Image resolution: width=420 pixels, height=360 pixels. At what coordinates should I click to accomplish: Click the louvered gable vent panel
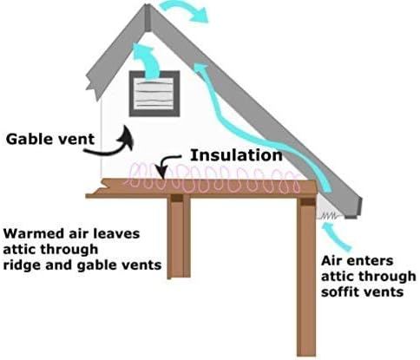pos(154,94)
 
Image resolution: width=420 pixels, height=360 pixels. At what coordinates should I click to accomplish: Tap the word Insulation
pos(236,155)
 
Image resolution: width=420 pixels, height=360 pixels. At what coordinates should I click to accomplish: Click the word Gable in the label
pos(25,139)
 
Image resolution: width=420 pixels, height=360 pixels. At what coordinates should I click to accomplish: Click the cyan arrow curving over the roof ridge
pos(185,10)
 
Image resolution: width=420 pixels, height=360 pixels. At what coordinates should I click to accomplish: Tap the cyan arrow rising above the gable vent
pos(148,59)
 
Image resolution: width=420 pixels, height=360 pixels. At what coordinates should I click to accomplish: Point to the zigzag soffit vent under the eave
pos(330,215)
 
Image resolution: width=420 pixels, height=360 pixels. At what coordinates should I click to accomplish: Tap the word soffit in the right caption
pos(338,291)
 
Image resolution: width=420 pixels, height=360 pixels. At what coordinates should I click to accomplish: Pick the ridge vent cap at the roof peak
pos(148,17)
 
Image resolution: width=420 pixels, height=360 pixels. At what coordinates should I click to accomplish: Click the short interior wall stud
pos(180,237)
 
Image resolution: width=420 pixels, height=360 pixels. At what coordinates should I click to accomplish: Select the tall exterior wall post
pos(306,276)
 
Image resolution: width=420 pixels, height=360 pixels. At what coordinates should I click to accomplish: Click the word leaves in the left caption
pos(119,233)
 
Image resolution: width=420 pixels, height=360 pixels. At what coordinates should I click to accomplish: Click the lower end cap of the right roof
pos(353,209)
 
